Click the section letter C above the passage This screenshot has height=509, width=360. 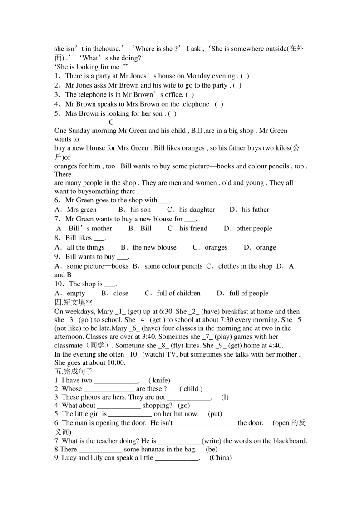[111, 122]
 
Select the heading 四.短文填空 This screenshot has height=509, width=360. [73, 303]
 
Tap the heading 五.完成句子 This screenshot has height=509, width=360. [73, 372]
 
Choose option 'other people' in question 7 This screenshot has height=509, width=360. [254, 229]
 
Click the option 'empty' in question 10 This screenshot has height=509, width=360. [76, 294]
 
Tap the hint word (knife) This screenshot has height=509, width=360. [159, 381]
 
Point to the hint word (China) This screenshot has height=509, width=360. [221, 458]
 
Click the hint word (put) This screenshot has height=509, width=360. [215, 414]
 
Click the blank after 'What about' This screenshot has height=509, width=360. [119, 406]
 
